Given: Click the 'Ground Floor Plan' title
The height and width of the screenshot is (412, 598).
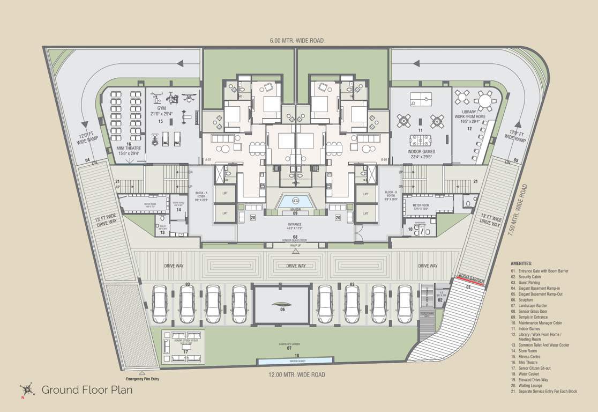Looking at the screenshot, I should coord(87,390).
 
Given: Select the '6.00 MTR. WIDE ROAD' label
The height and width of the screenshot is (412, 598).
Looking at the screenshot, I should coord(297,41).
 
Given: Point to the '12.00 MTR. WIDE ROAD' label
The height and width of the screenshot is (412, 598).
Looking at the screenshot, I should coord(296,375).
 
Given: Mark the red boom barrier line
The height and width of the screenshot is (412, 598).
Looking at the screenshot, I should coord(470,281).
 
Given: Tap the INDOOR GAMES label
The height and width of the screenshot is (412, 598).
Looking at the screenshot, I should coord(421,152).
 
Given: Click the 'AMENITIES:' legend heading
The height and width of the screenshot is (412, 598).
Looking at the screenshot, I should coord(521,263).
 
